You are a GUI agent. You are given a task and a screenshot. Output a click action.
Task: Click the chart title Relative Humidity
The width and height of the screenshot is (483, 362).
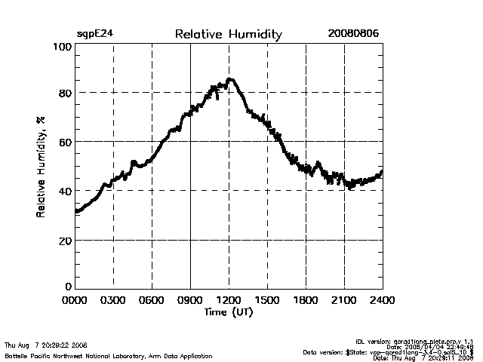[228, 34]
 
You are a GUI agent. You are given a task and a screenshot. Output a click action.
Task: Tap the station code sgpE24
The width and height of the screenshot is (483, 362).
[95, 34]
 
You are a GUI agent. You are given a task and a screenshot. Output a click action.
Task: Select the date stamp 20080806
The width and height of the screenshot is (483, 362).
[353, 34]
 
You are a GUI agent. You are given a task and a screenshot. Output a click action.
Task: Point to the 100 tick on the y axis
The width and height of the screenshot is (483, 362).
[63, 47]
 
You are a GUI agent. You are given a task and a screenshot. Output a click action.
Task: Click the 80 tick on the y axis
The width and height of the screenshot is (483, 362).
[65, 93]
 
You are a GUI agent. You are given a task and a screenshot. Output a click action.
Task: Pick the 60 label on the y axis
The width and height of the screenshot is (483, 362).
[65, 142]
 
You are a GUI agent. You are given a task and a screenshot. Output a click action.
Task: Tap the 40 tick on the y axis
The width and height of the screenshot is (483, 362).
[65, 191]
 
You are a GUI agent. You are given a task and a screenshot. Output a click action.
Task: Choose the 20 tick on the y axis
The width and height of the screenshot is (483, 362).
[65, 240]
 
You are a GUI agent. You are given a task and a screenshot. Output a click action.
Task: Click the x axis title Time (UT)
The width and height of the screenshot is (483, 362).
[228, 311]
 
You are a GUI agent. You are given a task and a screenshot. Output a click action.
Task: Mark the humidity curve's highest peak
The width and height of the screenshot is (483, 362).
[229, 79]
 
